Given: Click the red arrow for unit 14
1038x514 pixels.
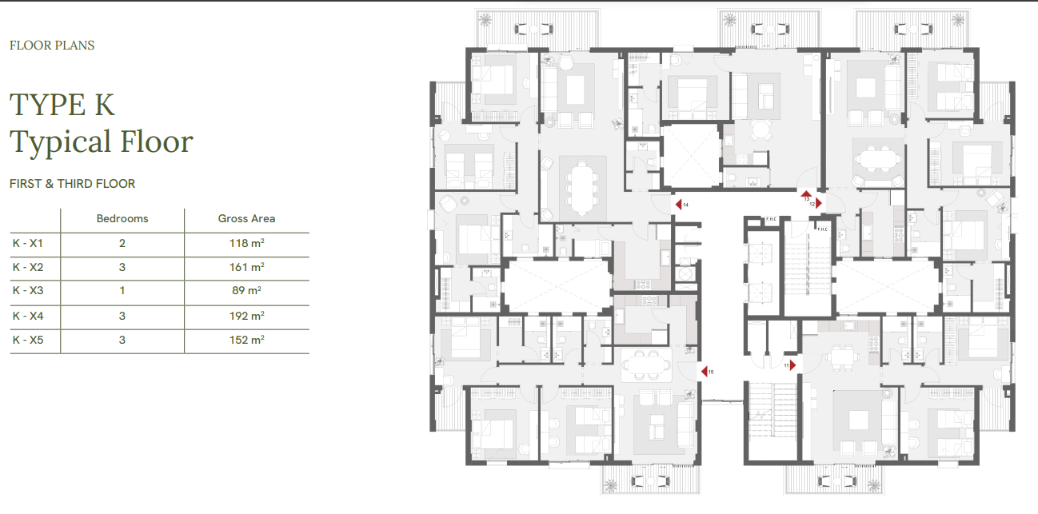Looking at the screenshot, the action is (x=678, y=204).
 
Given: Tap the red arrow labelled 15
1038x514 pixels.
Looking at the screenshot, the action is (x=704, y=372).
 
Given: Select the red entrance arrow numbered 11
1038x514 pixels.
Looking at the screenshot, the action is (x=792, y=365).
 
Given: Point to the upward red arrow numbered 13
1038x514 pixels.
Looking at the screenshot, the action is (x=806, y=194).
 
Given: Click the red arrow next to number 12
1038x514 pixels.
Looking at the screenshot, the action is (x=819, y=203).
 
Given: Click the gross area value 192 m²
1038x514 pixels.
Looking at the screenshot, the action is (x=247, y=316).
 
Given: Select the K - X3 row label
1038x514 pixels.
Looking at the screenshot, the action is (x=28, y=290).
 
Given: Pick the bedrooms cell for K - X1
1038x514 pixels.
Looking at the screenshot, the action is (x=122, y=243).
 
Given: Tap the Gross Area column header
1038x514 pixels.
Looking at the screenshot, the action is (x=246, y=218).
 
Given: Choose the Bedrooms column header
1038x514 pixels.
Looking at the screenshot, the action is (x=122, y=218).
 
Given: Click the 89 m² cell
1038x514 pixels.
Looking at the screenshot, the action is (x=246, y=290).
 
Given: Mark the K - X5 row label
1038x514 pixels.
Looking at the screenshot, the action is (x=28, y=340).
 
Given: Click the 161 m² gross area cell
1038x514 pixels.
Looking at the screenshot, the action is (x=247, y=267).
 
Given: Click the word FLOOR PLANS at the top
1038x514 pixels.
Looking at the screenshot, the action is (x=52, y=46).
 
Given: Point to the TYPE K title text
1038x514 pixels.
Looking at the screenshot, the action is (x=62, y=104).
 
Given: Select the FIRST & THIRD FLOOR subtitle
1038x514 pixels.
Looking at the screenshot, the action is (x=72, y=184).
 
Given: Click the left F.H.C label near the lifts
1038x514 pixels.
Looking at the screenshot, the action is (x=771, y=219).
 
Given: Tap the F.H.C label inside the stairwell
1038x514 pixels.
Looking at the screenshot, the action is (x=823, y=229).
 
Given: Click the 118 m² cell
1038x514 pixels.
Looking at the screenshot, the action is (x=247, y=243).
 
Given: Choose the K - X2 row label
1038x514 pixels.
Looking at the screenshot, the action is (x=28, y=267).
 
